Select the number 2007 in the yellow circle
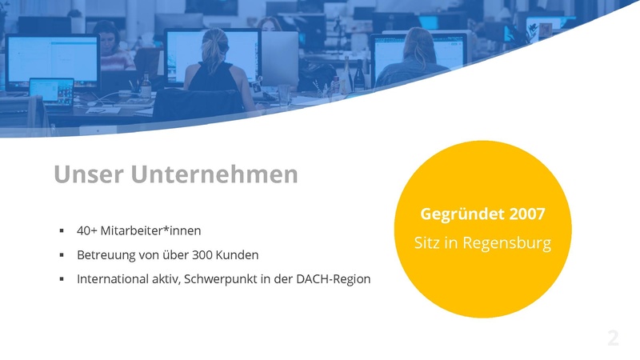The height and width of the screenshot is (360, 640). (x=524, y=214)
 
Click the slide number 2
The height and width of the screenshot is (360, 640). (x=613, y=338)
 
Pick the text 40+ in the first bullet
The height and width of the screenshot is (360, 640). (x=86, y=230)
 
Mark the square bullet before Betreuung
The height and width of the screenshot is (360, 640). (x=62, y=255)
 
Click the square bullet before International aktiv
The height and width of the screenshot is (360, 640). (x=62, y=280)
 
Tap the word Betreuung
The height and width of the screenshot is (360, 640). (x=106, y=255)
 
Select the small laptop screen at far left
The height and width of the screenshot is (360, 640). (x=52, y=90)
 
